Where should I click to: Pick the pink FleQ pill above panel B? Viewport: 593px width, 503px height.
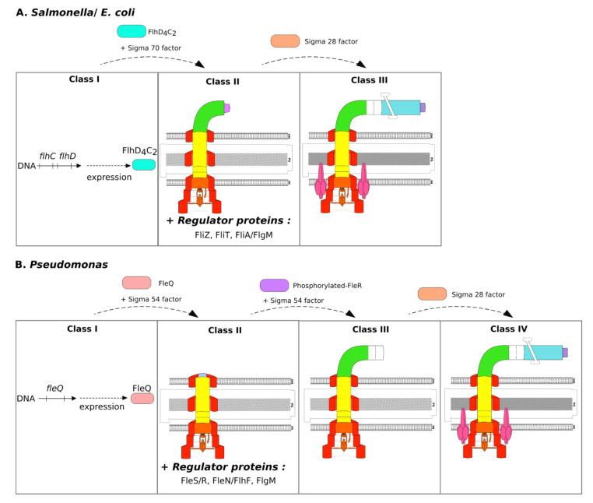136,283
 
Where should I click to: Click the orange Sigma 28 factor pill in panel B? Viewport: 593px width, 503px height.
433,294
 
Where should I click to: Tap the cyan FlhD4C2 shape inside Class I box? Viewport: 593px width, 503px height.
142,165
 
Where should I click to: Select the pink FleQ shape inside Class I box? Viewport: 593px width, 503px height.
141,398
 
